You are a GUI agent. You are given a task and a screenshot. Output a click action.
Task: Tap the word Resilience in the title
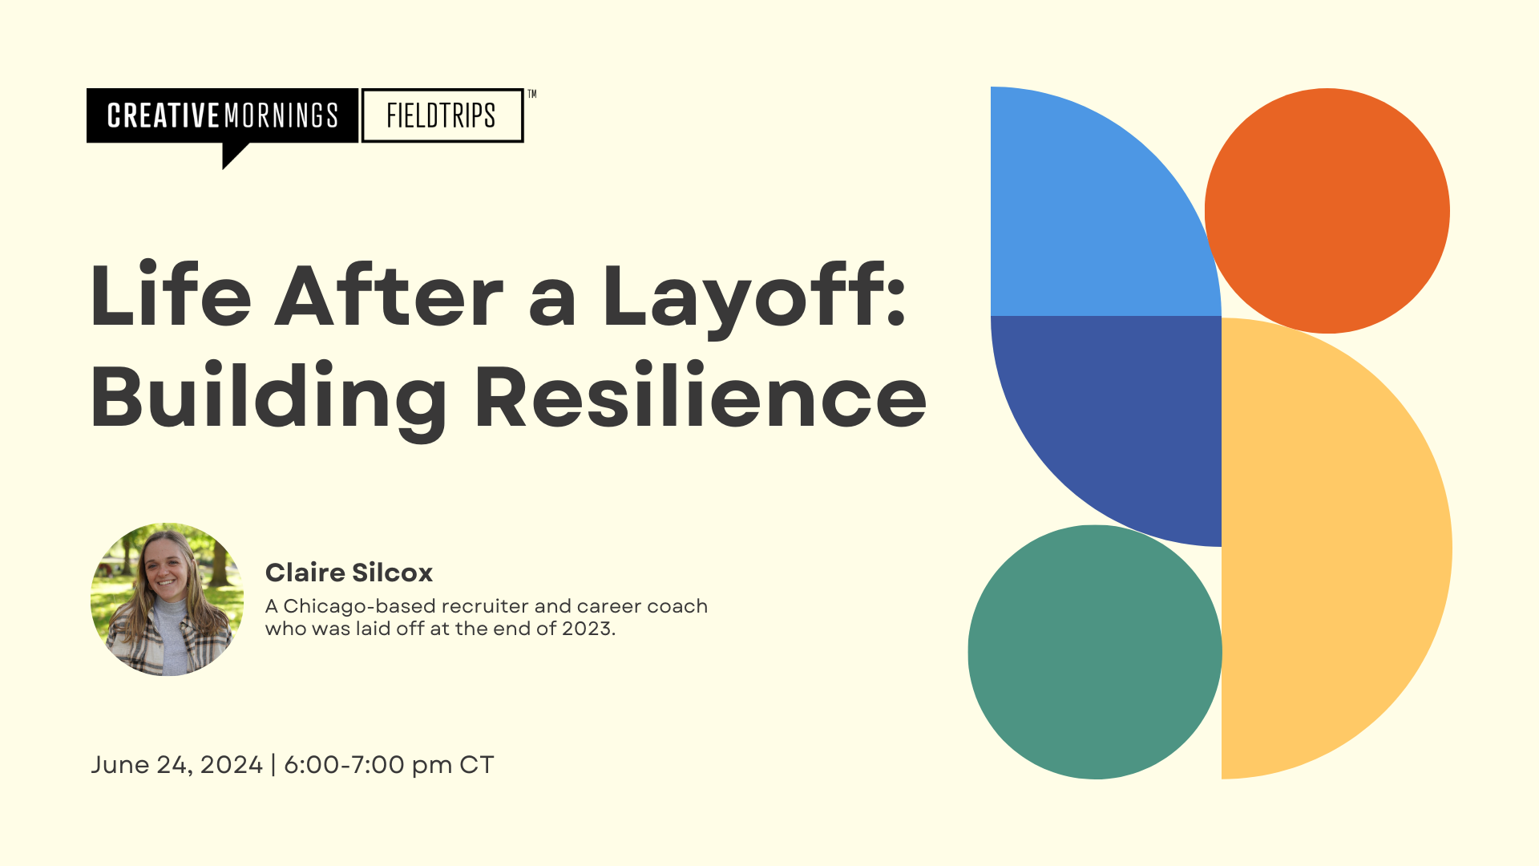tap(701, 397)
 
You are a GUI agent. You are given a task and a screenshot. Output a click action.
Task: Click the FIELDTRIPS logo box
tap(442, 115)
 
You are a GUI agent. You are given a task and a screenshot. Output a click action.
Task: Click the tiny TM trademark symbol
tap(531, 94)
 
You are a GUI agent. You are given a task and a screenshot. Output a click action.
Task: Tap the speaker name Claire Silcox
tap(349, 573)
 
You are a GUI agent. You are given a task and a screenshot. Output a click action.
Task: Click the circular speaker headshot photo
tap(168, 599)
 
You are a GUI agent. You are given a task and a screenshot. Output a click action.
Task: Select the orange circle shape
tap(1327, 211)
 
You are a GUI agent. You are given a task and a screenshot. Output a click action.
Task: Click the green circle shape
tap(1095, 652)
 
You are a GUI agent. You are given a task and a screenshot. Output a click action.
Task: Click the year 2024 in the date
tap(231, 765)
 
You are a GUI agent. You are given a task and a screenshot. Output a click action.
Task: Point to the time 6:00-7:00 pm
tap(368, 765)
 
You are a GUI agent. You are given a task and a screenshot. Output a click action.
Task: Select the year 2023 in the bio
tap(588, 629)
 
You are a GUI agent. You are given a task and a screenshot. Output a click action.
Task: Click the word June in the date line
tap(120, 765)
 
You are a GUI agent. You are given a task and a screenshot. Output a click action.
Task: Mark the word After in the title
tap(390, 296)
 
